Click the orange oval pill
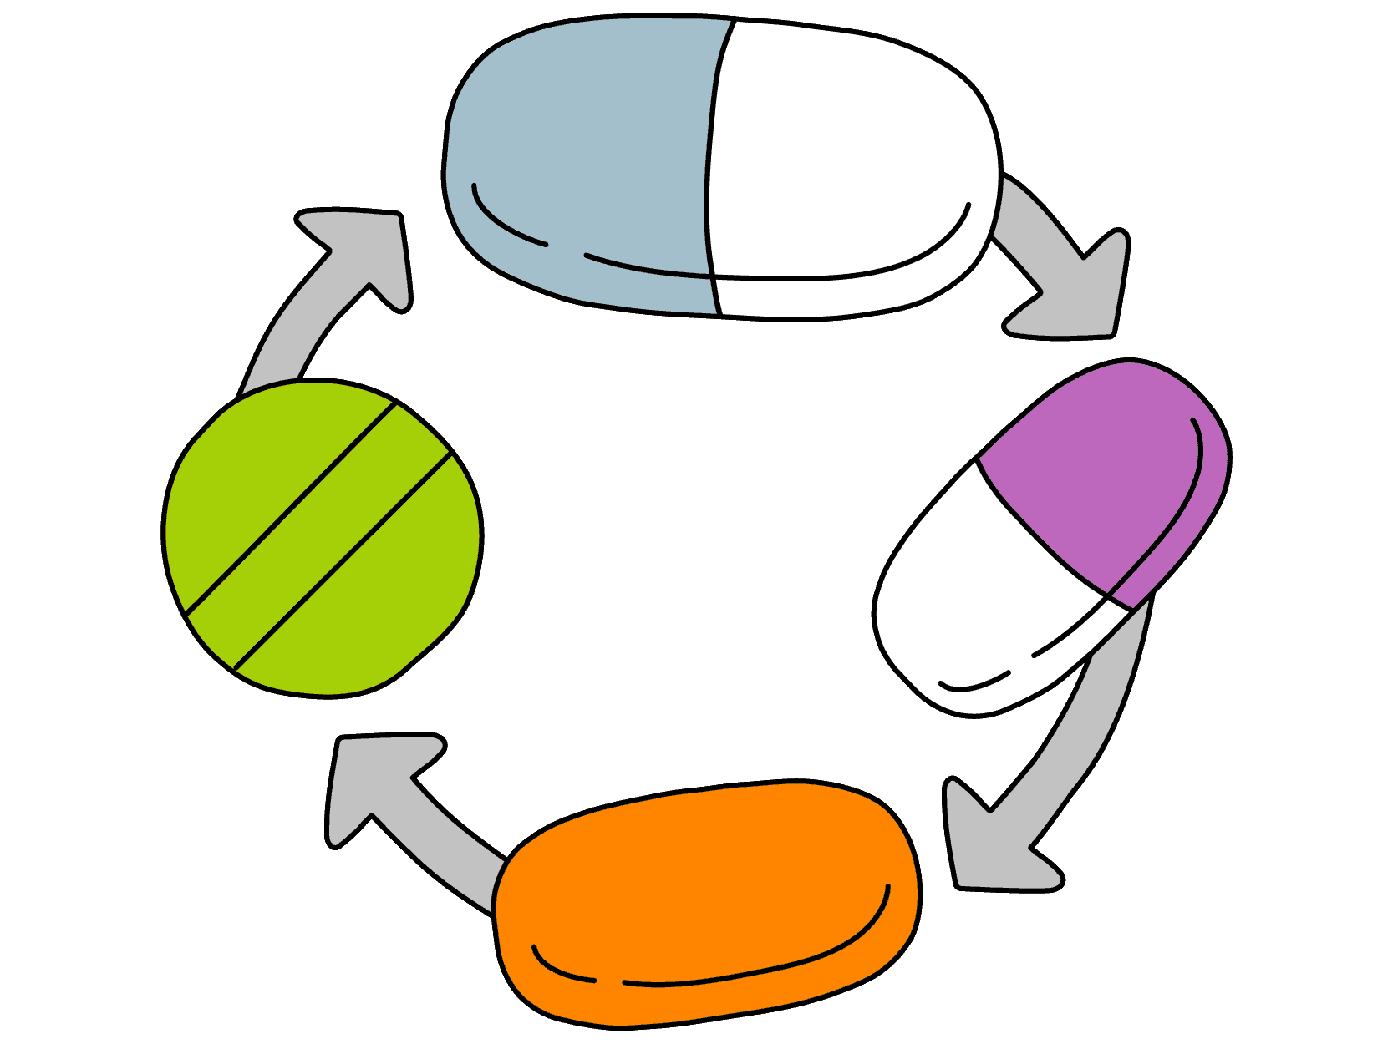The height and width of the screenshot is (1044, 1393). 706,902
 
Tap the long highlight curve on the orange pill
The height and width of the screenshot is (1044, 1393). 752,969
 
